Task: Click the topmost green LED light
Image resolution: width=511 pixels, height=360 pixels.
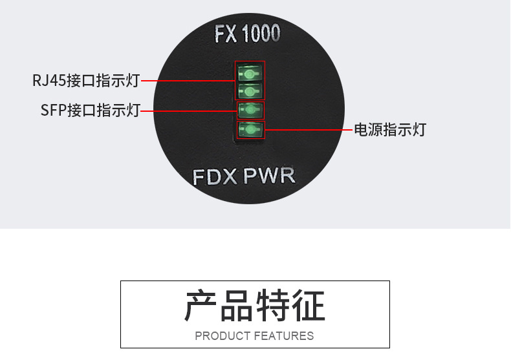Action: tap(250, 72)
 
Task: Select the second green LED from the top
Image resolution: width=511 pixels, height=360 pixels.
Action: tap(250, 90)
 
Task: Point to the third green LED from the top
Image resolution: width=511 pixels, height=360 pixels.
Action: tap(250, 109)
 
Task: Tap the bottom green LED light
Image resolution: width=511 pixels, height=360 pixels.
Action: tap(250, 130)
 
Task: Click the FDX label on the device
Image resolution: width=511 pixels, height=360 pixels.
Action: tap(215, 176)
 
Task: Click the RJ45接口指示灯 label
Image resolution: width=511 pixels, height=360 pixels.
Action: tap(86, 81)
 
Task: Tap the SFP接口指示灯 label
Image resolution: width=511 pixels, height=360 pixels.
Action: tap(90, 111)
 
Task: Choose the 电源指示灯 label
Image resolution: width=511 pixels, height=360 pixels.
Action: tap(389, 129)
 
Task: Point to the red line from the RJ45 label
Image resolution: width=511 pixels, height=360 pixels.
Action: tap(188, 81)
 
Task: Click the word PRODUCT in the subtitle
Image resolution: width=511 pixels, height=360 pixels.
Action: tap(223, 336)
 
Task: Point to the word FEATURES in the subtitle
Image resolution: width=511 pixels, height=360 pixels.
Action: tap(284, 336)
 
